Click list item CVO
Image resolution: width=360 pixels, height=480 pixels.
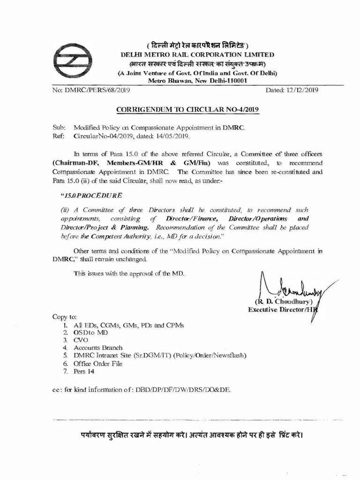(81, 340)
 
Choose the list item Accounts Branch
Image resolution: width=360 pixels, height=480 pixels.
(97, 348)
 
